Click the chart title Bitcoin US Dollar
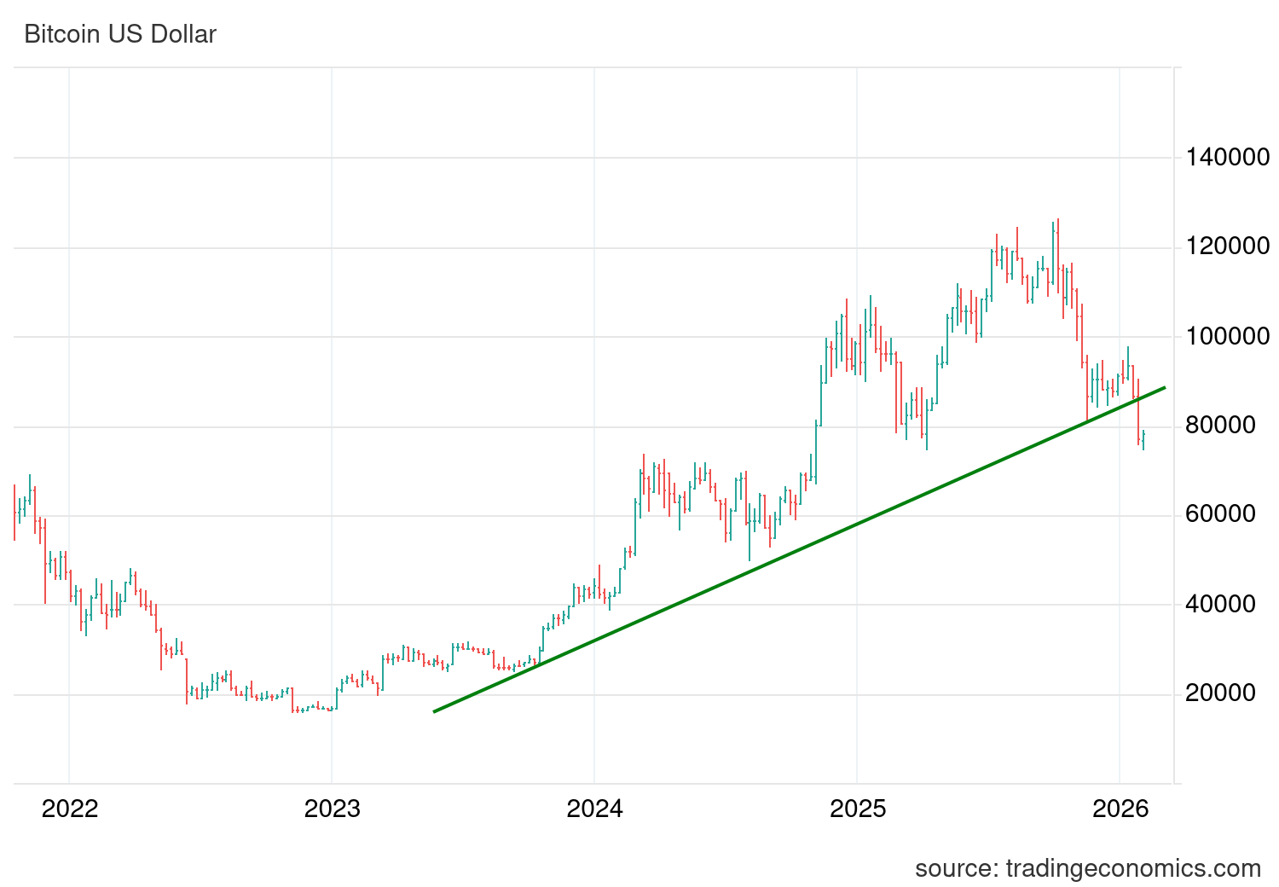coord(120,35)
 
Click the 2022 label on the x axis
coord(70,809)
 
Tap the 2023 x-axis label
coord(332,809)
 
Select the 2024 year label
coord(594,809)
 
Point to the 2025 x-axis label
coord(858,809)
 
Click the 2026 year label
coord(1120,809)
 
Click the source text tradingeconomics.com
coord(1087,869)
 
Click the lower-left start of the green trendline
coord(435,711)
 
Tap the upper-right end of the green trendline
coord(1164,388)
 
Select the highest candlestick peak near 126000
coord(1057,221)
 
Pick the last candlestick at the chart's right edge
coord(1143,439)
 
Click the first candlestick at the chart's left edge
coord(14,512)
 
